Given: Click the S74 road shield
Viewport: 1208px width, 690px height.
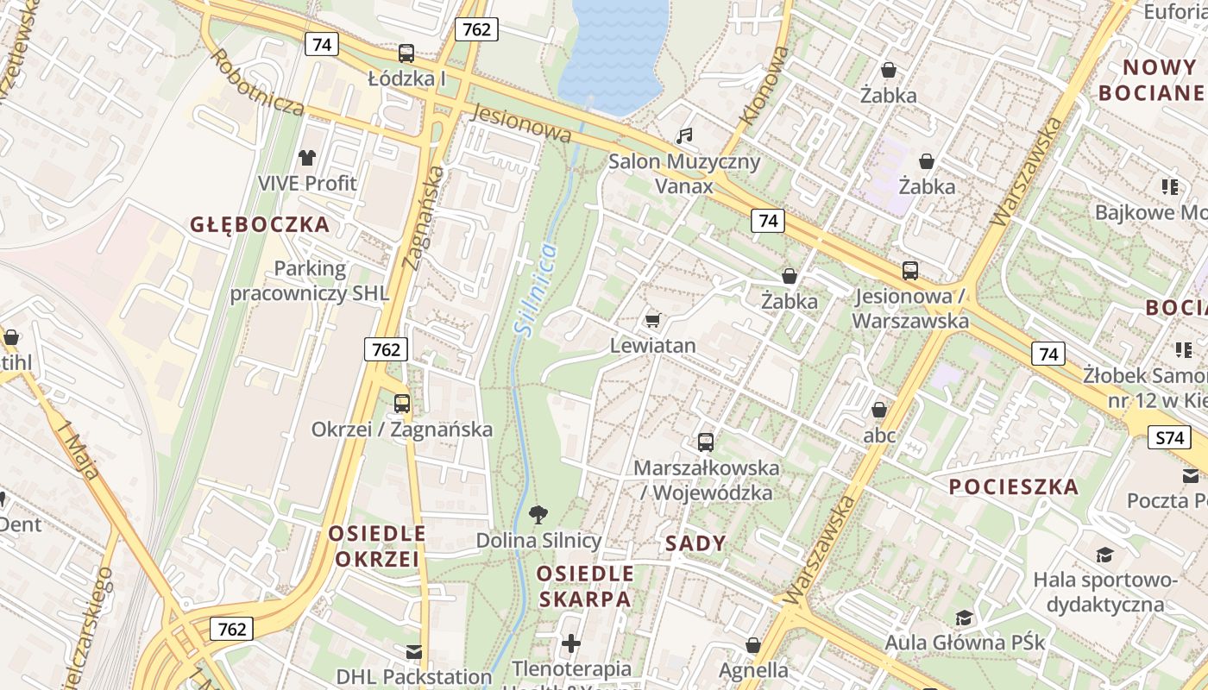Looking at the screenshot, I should click(x=1169, y=437).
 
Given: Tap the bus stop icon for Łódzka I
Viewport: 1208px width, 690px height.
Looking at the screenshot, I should click(x=406, y=53).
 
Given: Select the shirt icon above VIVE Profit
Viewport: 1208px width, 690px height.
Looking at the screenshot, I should click(x=307, y=157).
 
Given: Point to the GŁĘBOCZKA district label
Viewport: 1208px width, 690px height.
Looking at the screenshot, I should click(x=260, y=225).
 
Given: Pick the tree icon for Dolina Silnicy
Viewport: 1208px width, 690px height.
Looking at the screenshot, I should click(x=538, y=515).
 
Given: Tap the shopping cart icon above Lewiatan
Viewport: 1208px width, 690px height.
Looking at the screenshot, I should click(x=652, y=320).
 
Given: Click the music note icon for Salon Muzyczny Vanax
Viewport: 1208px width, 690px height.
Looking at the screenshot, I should click(x=684, y=136).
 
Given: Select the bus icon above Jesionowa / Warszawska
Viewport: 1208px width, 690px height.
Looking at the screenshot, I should click(x=910, y=271).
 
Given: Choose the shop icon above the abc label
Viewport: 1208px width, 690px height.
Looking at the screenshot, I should click(x=879, y=410).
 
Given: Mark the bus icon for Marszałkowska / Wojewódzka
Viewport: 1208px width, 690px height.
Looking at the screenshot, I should click(x=706, y=442).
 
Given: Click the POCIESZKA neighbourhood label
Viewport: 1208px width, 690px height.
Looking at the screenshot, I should click(x=1014, y=486).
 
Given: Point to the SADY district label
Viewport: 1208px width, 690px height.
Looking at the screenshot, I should click(x=695, y=543).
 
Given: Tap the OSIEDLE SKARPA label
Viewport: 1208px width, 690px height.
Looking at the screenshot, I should click(x=585, y=586).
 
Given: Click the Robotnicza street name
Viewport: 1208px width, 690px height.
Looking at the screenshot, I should click(x=257, y=83).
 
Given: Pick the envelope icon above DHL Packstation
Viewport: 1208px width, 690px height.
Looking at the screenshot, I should click(x=414, y=651).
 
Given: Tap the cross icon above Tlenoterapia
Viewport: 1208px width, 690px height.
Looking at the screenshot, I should click(x=571, y=643).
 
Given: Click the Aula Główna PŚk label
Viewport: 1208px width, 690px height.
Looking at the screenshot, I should click(x=965, y=643).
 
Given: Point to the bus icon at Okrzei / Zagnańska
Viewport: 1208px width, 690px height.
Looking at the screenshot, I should click(x=402, y=404).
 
